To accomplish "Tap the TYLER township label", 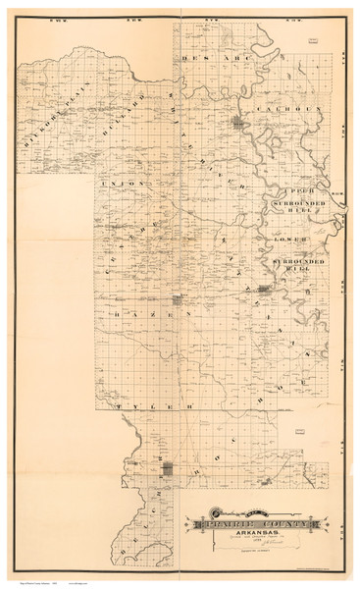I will [x=142, y=404].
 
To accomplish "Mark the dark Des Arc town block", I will [x=238, y=123].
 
